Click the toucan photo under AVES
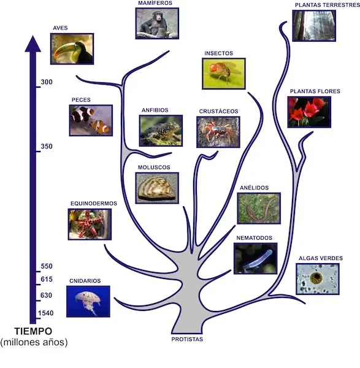click(72, 49)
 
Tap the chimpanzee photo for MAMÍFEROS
click(157, 23)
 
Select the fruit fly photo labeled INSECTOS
click(224, 74)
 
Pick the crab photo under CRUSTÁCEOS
click(218, 132)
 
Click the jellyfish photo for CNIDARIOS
click(88, 302)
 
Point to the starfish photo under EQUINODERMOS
click(90, 224)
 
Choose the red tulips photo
click(309, 112)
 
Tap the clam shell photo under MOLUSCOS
click(157, 188)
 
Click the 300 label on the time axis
click(47, 82)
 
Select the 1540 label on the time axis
click(46, 313)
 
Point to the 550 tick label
click(47, 266)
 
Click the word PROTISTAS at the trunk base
click(187, 339)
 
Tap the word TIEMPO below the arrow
click(33, 331)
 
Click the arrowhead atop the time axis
click(33, 44)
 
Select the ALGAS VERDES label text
click(321, 258)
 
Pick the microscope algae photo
click(318, 279)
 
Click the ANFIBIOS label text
click(155, 110)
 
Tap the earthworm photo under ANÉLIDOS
click(259, 209)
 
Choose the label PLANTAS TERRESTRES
click(327, 5)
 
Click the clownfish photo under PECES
click(91, 120)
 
